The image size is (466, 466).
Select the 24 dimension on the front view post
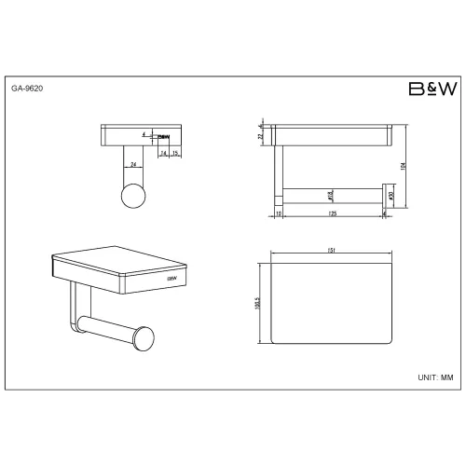tap(134, 164)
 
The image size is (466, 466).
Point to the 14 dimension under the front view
tap(163, 154)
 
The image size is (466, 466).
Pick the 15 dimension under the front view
tap(175, 154)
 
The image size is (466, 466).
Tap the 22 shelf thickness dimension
tap(262, 136)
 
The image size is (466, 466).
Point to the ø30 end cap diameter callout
tap(391, 197)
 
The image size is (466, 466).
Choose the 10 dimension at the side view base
tap(280, 214)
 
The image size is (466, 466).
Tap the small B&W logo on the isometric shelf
tap(171, 277)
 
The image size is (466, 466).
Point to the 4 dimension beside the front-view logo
tap(144, 135)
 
